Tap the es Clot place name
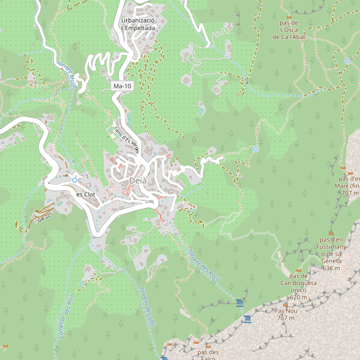[x=86, y=194]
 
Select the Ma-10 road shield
[x=122, y=86]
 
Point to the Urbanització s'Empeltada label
[x=138, y=24]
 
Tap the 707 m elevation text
[x=350, y=193]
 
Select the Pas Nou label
[x=286, y=311]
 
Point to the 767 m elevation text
[x=286, y=318]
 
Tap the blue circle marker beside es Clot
[x=74, y=180]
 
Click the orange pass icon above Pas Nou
[x=286, y=304]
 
